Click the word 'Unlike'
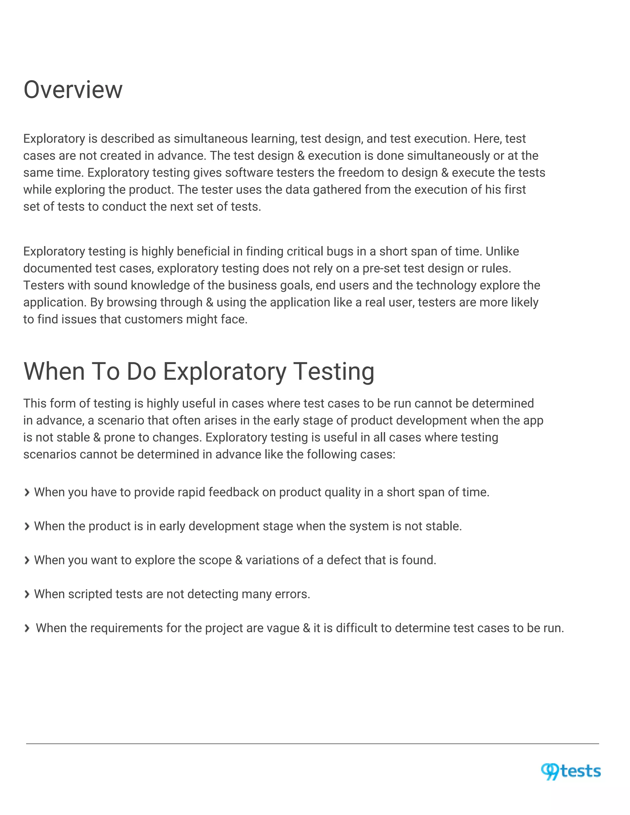click(x=502, y=252)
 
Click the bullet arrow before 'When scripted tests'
click(x=26, y=594)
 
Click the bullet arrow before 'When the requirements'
click(x=26, y=628)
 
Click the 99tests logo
click(x=571, y=771)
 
